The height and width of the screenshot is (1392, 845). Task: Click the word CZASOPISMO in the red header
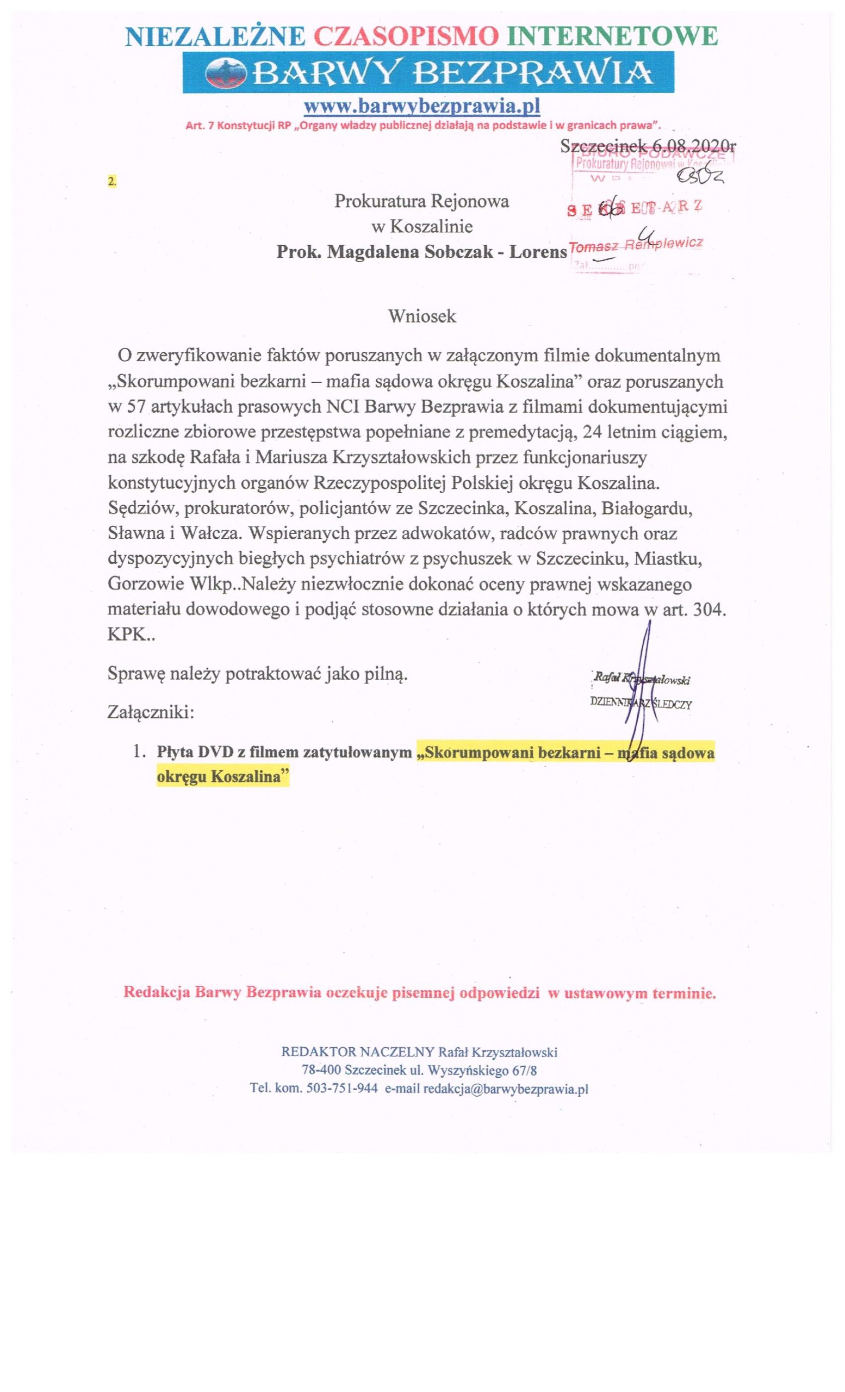click(x=403, y=36)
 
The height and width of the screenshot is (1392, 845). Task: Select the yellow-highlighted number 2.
click(x=112, y=182)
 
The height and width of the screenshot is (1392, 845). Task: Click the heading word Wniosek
click(x=422, y=316)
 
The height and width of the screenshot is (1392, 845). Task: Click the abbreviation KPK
click(x=126, y=635)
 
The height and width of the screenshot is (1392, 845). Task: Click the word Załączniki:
click(x=151, y=712)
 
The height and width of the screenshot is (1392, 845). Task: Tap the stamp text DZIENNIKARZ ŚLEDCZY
click(x=641, y=705)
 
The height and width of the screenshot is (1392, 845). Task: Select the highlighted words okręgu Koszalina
click(x=221, y=777)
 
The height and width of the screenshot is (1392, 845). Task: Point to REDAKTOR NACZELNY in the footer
click(x=358, y=1052)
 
